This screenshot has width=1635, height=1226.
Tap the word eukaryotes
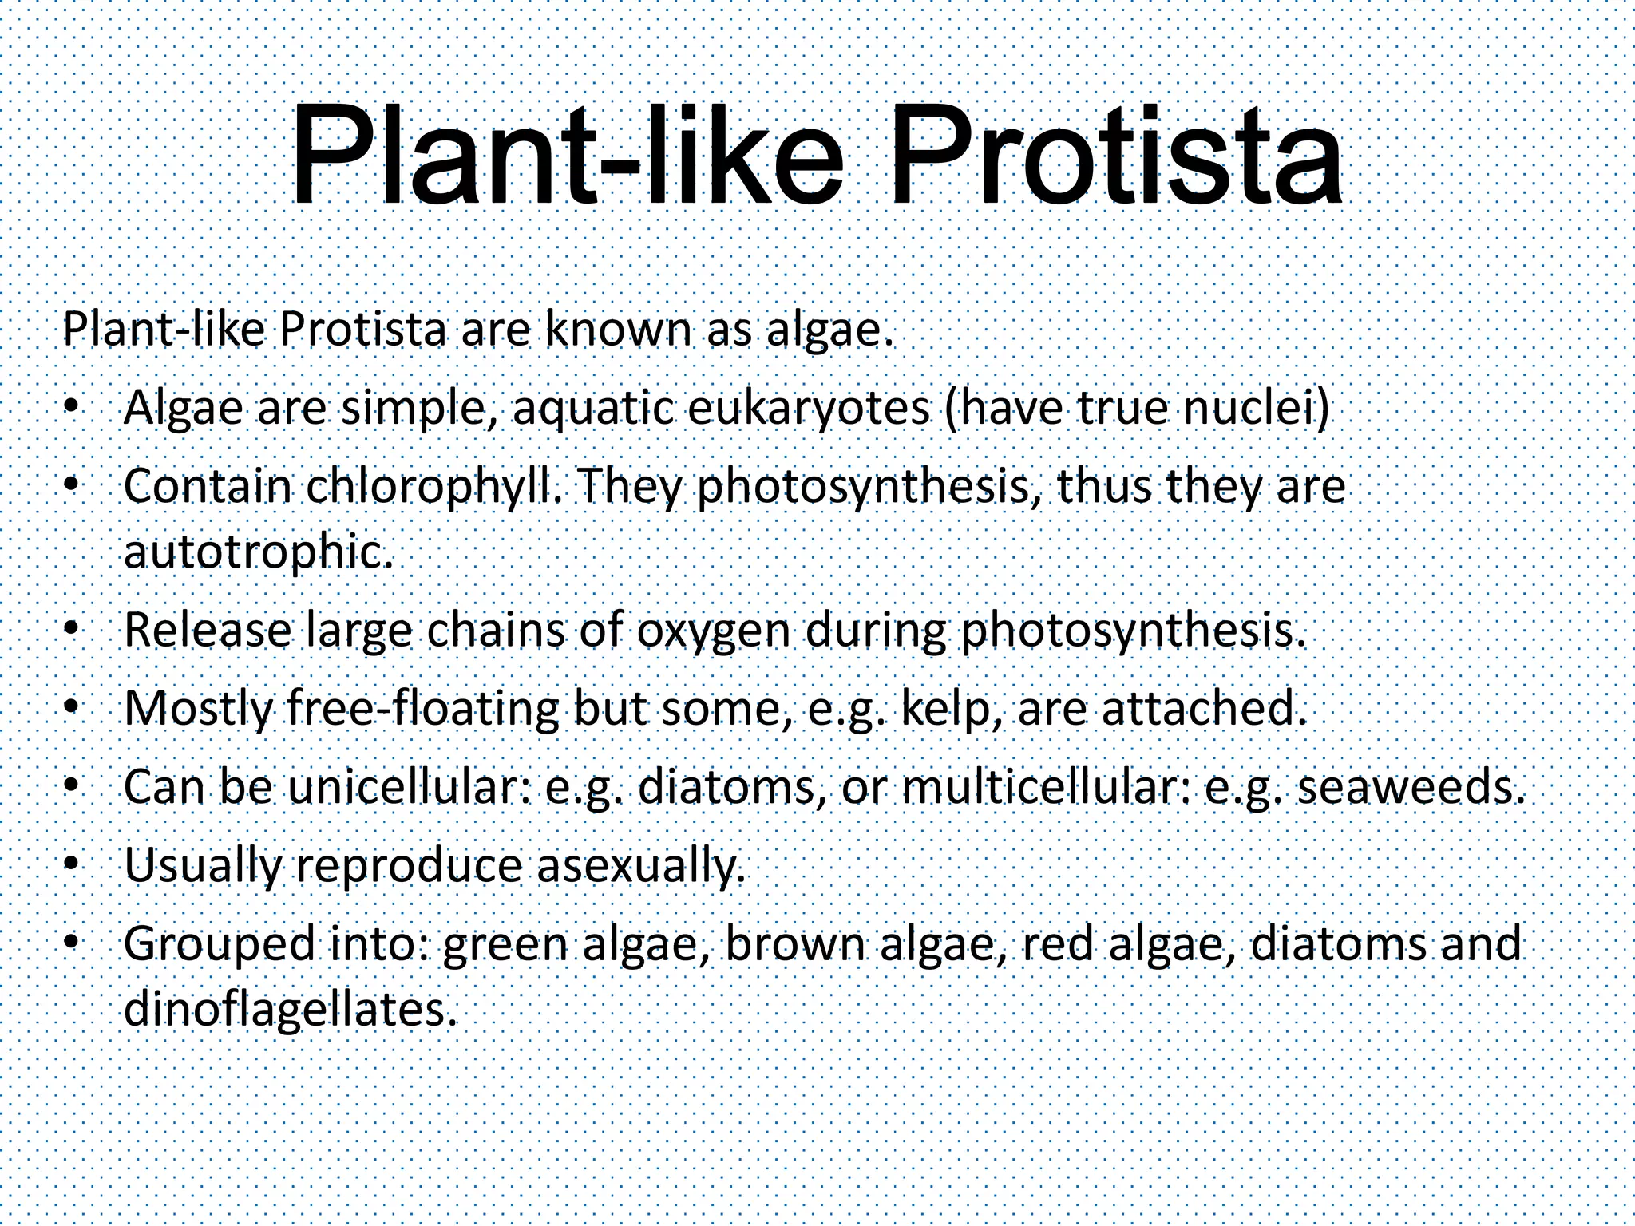click(x=808, y=409)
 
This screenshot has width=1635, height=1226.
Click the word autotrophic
click(x=258, y=551)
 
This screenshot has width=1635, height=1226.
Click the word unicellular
click(x=410, y=787)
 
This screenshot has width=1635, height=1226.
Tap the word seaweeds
click(x=1406, y=787)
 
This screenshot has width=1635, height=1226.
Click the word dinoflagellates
click(x=291, y=1009)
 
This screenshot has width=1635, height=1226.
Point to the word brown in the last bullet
click(x=795, y=943)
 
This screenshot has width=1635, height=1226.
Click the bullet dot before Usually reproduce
click(x=71, y=864)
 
